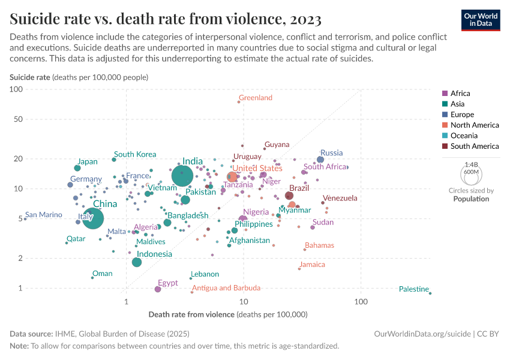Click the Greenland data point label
pos(255,98)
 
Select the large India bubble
pos(182,176)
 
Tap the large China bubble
pos(92,218)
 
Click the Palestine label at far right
pos(414,290)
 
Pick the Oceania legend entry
pos(462,136)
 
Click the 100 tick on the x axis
pos(361,301)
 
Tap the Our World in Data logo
pos(480,19)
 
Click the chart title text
pos(165,19)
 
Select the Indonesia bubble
pos(137,262)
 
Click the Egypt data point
pos(158,289)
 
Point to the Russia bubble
pos(320,160)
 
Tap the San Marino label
pos(44,215)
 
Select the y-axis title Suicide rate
pos(30,77)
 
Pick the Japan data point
pos(77,168)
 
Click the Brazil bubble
pos(289,196)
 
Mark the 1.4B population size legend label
pos(471,164)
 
